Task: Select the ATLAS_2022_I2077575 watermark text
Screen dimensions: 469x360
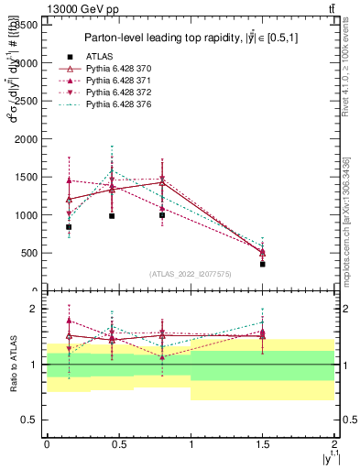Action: click(191, 274)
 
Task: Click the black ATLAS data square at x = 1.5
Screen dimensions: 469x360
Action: click(263, 264)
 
